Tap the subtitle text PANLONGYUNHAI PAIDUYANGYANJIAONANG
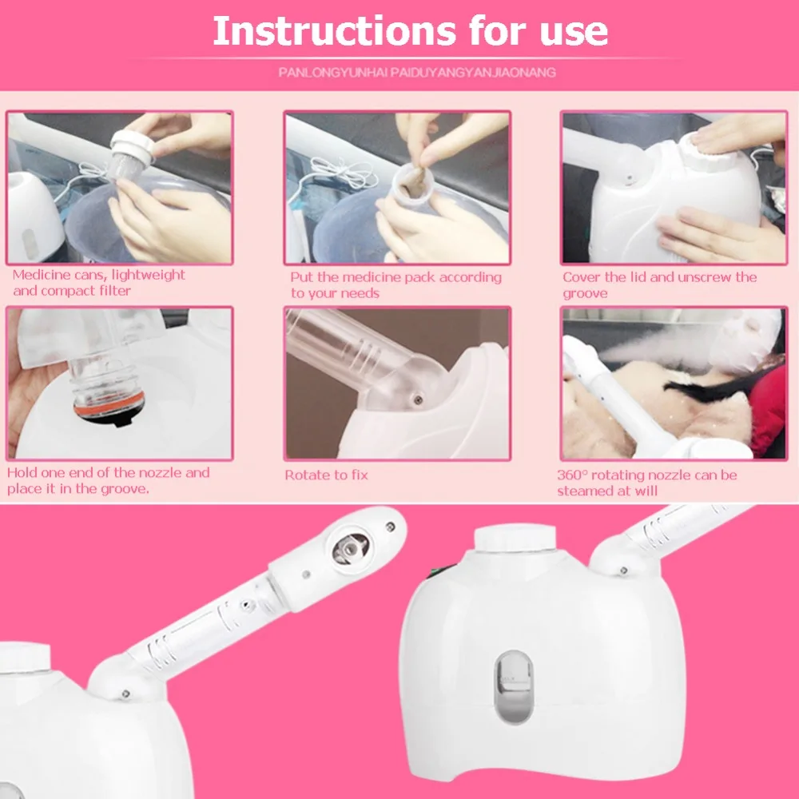pos(417,73)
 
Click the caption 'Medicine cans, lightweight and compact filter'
pos(98,283)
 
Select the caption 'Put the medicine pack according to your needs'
pos(396,285)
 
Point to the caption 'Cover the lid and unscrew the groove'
pos(658,285)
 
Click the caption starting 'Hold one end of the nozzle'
pos(108,480)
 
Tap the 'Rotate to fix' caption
pos(326,475)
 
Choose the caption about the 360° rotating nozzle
pos(646,483)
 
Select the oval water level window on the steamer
pos(514,685)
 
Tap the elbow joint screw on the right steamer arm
pos(622,570)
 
